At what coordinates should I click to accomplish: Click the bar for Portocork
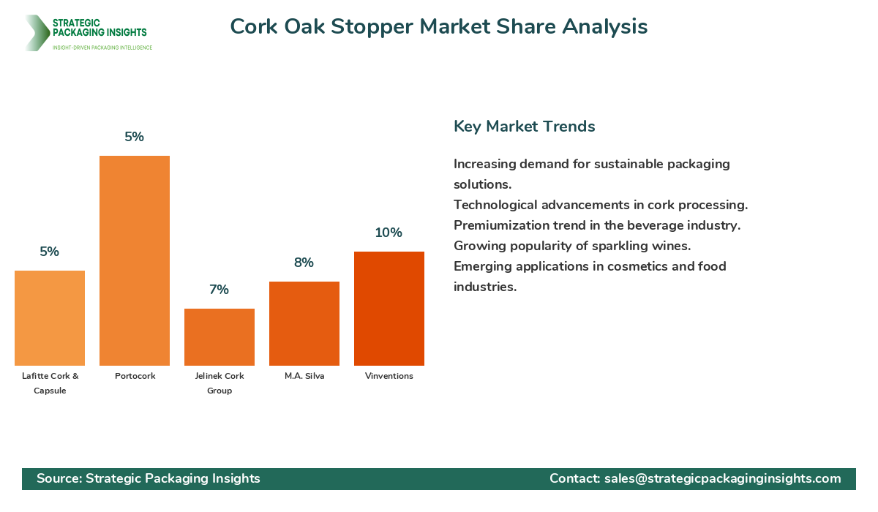pyautogui.click(x=135, y=260)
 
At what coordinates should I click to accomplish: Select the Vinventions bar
pyautogui.click(x=389, y=309)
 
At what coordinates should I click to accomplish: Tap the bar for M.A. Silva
pyautogui.click(x=304, y=323)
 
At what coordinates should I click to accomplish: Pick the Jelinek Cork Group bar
pyautogui.click(x=219, y=337)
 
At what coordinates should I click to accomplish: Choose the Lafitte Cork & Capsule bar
pyautogui.click(x=50, y=318)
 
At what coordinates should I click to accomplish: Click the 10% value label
pyautogui.click(x=389, y=233)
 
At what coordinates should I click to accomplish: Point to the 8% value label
pyautogui.click(x=304, y=263)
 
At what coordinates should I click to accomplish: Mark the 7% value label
pyautogui.click(x=219, y=290)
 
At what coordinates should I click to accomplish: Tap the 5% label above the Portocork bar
pyautogui.click(x=134, y=137)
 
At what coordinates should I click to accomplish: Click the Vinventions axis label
pyautogui.click(x=389, y=376)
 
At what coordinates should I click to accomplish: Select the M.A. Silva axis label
pyautogui.click(x=304, y=376)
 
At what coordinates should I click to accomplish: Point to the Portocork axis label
pyautogui.click(x=135, y=376)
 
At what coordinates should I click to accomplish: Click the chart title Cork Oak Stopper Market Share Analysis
pyautogui.click(x=439, y=26)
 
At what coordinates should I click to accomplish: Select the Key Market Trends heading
pyautogui.click(x=525, y=127)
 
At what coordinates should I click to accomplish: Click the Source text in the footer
pyautogui.click(x=149, y=478)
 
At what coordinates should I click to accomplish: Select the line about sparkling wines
pyautogui.click(x=572, y=246)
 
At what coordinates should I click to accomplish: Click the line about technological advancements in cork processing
pyautogui.click(x=601, y=205)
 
